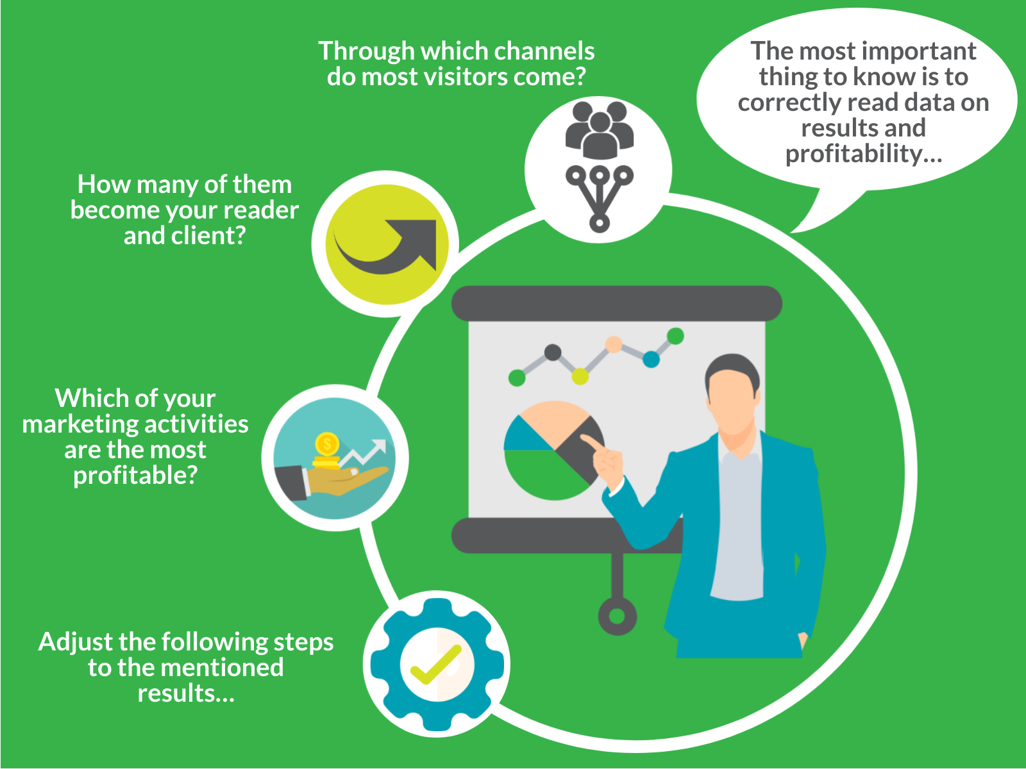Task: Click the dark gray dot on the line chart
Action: (x=553, y=352)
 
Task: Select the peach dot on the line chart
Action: (x=614, y=345)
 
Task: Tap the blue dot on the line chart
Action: (x=651, y=360)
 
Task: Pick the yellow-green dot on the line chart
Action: (x=580, y=376)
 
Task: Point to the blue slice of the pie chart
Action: (x=523, y=436)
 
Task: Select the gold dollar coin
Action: (x=327, y=443)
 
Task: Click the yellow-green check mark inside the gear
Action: (x=435, y=665)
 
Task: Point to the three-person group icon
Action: (x=599, y=130)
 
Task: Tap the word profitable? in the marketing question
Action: (x=135, y=476)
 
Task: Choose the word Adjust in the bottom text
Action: (x=75, y=643)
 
